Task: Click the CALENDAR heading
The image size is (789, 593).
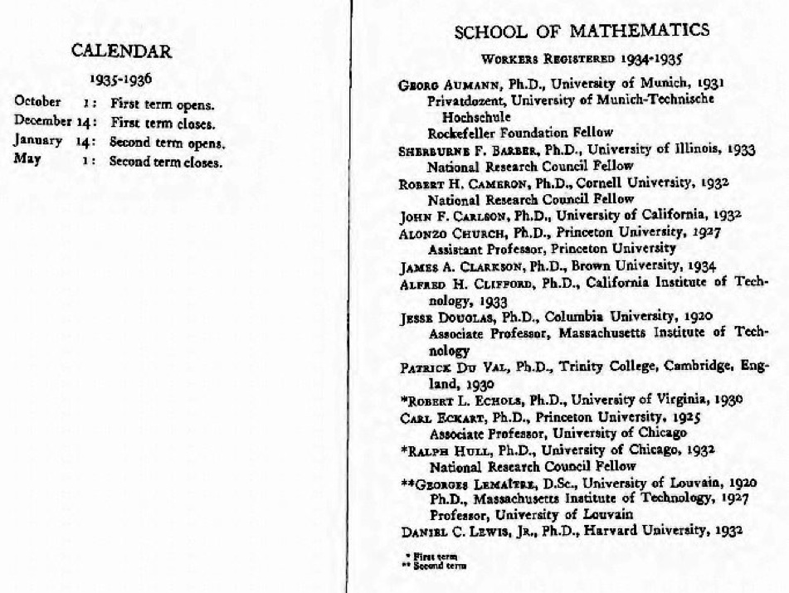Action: coord(122,51)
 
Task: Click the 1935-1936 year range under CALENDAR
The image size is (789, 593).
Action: coord(122,80)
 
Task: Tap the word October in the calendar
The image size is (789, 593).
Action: coord(37,103)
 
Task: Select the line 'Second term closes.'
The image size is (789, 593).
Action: coord(166,163)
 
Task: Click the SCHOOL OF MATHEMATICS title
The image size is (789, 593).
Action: coord(582,32)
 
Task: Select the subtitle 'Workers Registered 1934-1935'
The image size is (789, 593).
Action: coord(581,60)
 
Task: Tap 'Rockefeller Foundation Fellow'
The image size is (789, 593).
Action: coord(520,133)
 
